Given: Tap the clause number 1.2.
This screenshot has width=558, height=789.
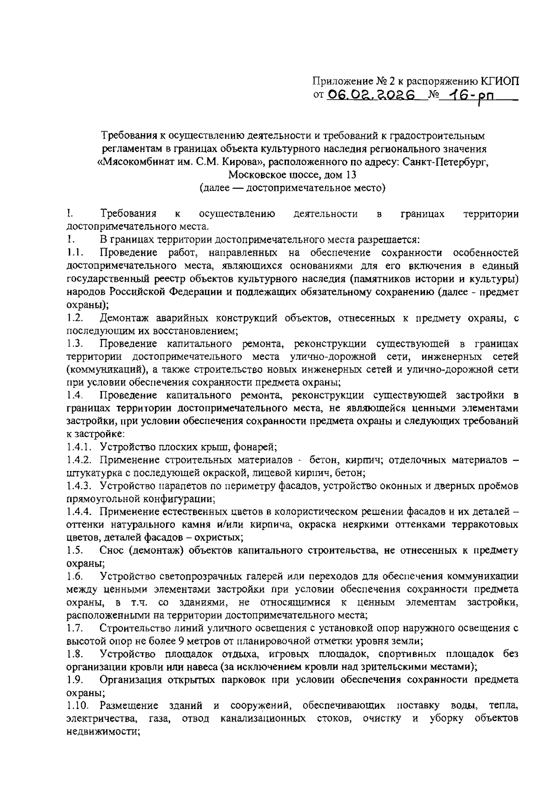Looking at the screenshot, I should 74,318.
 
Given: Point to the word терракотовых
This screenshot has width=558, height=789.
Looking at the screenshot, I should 488,524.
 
